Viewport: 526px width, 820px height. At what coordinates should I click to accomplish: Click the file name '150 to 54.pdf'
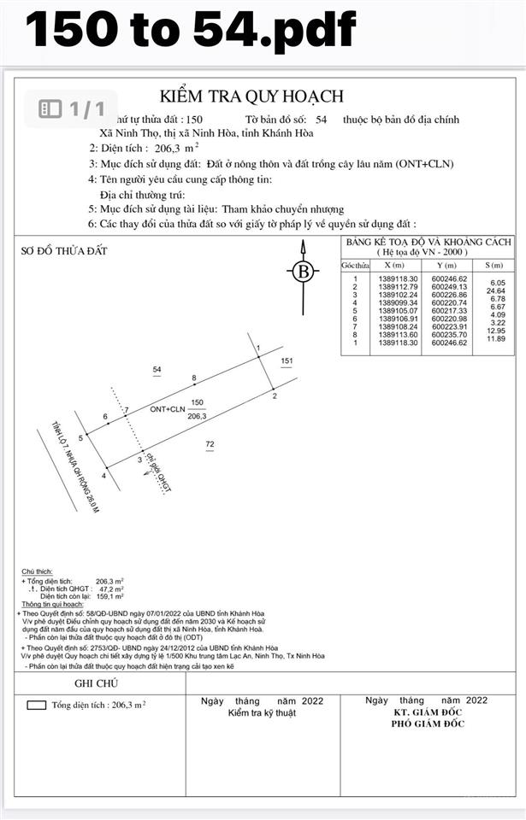[190, 31]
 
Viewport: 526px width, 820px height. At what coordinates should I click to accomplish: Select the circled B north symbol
[302, 272]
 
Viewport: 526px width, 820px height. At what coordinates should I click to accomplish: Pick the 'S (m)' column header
[493, 266]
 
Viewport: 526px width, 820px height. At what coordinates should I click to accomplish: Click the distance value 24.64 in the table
[496, 291]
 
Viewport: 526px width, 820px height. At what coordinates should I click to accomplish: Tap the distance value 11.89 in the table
[496, 339]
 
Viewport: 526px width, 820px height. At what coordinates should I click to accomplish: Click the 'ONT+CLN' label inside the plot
[167, 409]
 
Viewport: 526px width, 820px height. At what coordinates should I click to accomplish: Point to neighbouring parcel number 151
[287, 361]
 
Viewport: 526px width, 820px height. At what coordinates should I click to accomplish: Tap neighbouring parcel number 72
[210, 443]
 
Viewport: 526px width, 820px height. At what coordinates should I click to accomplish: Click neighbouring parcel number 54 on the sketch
[157, 369]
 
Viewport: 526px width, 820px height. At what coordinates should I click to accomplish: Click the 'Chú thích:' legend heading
[38, 571]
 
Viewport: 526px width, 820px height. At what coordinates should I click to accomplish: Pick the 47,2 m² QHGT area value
[109, 589]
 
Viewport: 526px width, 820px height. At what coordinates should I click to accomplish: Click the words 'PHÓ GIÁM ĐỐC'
[428, 723]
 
